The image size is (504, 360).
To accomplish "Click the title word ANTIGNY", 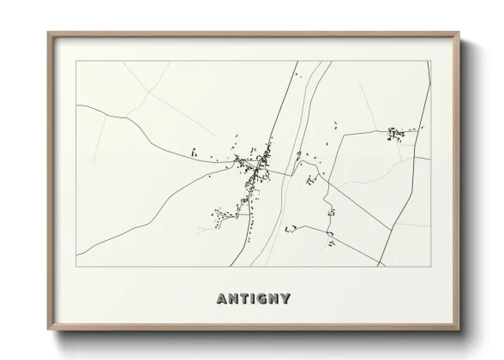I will click(253, 299).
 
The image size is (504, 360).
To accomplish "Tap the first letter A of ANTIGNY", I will click(222, 299).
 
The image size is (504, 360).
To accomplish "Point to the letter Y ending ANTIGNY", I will click(285, 299).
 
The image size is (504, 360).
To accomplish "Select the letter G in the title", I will click(263, 299).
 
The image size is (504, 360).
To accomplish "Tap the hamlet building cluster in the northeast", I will click(398, 135).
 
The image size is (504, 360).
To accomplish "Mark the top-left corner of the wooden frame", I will click(48, 33).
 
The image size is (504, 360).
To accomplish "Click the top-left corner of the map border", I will click(76, 61).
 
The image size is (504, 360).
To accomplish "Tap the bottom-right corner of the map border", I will click(430, 267).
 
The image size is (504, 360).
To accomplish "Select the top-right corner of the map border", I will click(430, 61).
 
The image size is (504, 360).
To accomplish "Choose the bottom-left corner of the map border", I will click(76, 267).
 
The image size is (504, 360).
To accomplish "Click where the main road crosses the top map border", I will click(297, 61).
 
